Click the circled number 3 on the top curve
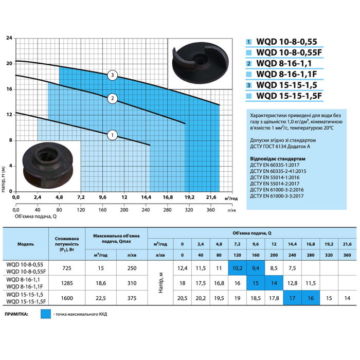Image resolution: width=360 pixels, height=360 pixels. (x=112, y=75)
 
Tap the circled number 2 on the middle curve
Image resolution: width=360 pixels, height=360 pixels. (x=112, y=99)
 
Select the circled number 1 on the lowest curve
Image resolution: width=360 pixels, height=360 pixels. (x=112, y=135)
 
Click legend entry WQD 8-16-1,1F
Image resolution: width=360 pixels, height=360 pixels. (x=286, y=74)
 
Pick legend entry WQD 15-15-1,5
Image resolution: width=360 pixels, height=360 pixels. (x=286, y=85)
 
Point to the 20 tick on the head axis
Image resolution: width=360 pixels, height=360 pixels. (x=9, y=64)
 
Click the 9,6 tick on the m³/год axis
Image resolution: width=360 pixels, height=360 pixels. (x=103, y=197)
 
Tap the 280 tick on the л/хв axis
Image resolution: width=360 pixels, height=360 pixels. (x=167, y=210)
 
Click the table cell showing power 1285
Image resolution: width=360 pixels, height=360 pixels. (x=67, y=283)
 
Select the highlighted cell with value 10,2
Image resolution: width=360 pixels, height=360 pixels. (x=237, y=268)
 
